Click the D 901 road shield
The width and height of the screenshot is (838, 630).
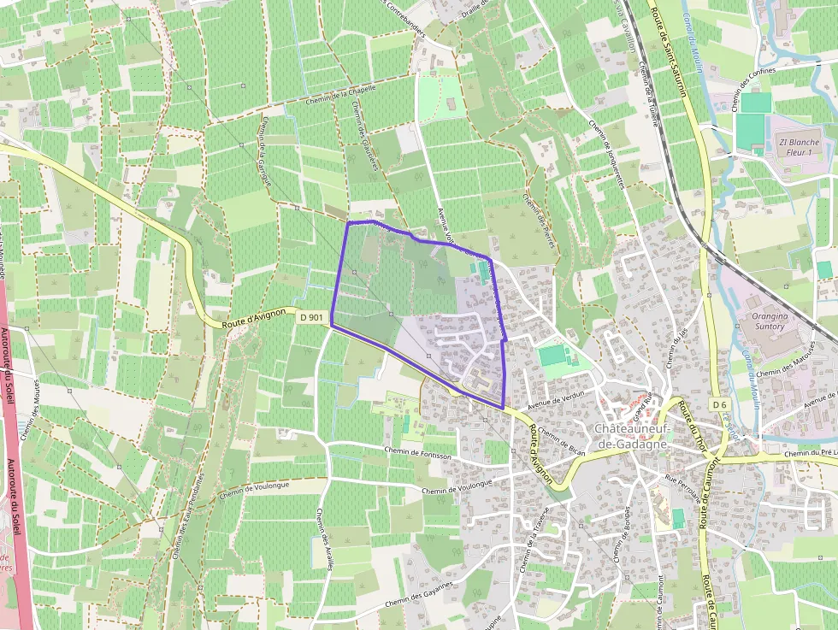(x=312, y=317)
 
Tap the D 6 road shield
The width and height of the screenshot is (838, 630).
(x=718, y=403)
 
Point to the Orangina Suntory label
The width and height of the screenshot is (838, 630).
(x=767, y=321)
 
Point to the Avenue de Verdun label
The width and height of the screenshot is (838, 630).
(x=555, y=398)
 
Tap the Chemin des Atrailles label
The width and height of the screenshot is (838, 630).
(x=325, y=539)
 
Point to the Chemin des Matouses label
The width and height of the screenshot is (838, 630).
(x=782, y=363)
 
